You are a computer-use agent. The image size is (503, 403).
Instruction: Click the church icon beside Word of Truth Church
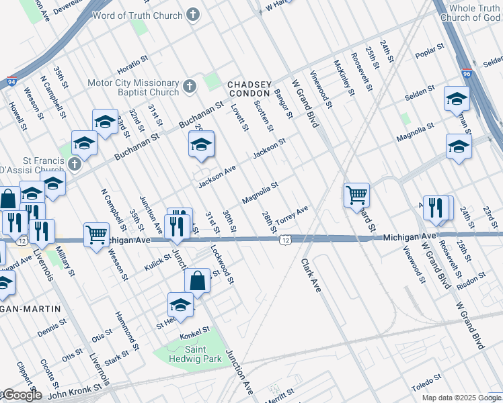(x=193, y=15)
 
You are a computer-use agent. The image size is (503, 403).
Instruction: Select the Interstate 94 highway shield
(x=12, y=81)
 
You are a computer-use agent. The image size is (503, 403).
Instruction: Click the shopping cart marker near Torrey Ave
(x=356, y=195)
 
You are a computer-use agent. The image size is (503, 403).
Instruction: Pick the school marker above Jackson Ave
(x=200, y=144)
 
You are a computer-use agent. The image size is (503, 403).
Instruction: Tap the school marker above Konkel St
(x=180, y=305)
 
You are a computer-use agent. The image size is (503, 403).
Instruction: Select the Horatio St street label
(x=132, y=64)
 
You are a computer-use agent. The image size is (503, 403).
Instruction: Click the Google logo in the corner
(x=22, y=395)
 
